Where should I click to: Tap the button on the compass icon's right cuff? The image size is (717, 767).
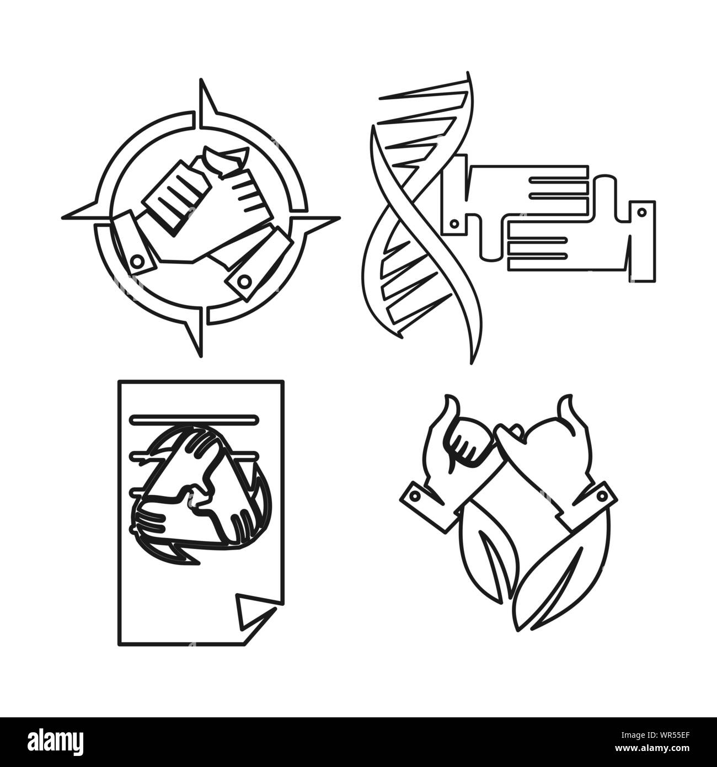click(241, 283)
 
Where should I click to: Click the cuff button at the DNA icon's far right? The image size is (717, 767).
click(641, 211)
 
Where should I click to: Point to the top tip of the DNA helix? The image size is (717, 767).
click(468, 75)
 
